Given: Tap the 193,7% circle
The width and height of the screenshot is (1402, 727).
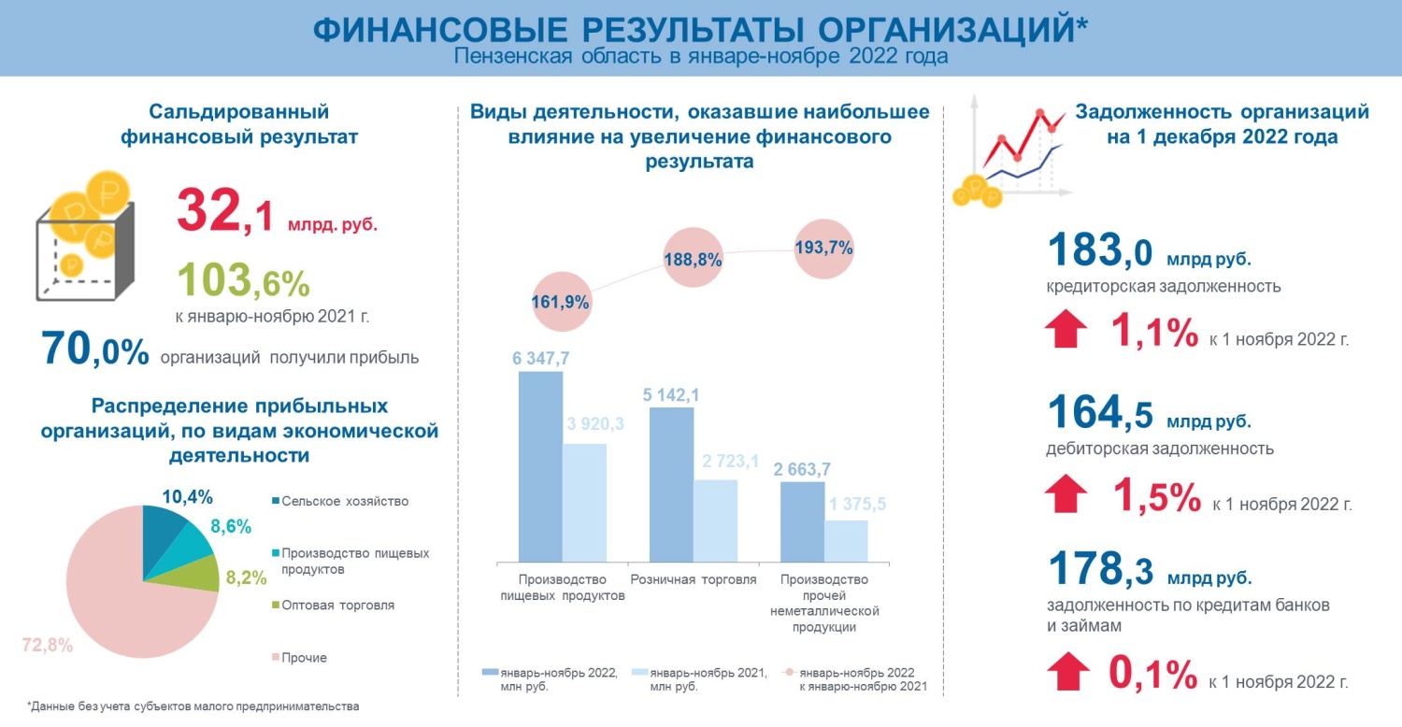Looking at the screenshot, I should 823,249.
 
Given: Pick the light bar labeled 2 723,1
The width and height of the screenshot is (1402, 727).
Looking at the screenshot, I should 715,520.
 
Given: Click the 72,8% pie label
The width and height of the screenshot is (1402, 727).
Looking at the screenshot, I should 46,645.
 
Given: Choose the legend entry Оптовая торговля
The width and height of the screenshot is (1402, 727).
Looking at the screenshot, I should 337,605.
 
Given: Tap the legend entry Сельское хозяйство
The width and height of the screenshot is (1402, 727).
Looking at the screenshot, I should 344,501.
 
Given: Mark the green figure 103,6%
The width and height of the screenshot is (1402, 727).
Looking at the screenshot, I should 242,278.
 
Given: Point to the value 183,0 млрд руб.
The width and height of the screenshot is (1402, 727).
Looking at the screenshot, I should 1149,252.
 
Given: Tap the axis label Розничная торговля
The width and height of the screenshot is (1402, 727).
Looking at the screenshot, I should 693,579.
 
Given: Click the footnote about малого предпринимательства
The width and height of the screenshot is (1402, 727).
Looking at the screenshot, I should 193,706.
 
